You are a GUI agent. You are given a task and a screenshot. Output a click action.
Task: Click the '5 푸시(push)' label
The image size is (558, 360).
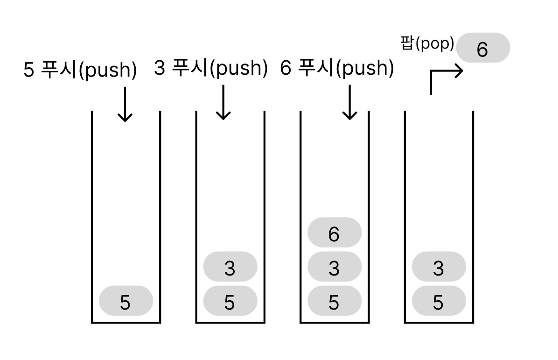80,70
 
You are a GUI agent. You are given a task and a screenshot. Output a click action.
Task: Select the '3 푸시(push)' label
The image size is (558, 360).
210,68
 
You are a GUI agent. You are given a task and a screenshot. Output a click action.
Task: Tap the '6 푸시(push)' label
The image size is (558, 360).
337,68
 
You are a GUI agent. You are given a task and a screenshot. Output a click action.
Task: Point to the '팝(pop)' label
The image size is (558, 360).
427,44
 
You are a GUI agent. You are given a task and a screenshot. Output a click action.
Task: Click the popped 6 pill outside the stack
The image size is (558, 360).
483,48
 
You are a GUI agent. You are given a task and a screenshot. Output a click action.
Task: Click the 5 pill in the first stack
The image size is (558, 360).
126,301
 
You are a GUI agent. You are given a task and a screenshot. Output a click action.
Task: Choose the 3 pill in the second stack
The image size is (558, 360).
230,267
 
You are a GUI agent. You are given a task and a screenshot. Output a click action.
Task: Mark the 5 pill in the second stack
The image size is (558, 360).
230,301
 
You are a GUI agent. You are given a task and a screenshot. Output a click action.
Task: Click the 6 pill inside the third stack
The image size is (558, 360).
334,233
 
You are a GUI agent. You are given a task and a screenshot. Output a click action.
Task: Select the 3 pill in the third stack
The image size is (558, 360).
334,267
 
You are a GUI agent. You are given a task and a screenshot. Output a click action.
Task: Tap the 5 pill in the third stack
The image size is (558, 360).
334,301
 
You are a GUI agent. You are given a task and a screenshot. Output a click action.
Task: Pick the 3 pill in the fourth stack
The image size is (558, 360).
439,267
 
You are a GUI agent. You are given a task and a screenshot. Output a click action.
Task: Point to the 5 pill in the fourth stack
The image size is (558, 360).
439,301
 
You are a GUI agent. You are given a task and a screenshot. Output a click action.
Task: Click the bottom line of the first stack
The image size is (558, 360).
126,322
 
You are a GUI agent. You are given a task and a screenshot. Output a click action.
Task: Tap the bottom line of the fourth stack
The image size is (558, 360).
439,322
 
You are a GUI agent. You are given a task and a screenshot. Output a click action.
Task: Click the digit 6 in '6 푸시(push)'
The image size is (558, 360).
286,69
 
